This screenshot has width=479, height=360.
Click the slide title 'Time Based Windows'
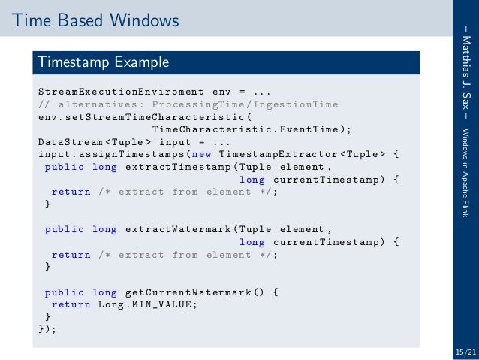tap(95, 20)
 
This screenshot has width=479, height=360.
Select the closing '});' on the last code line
tap(47, 329)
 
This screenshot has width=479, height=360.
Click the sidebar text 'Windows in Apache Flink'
tap(465, 168)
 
